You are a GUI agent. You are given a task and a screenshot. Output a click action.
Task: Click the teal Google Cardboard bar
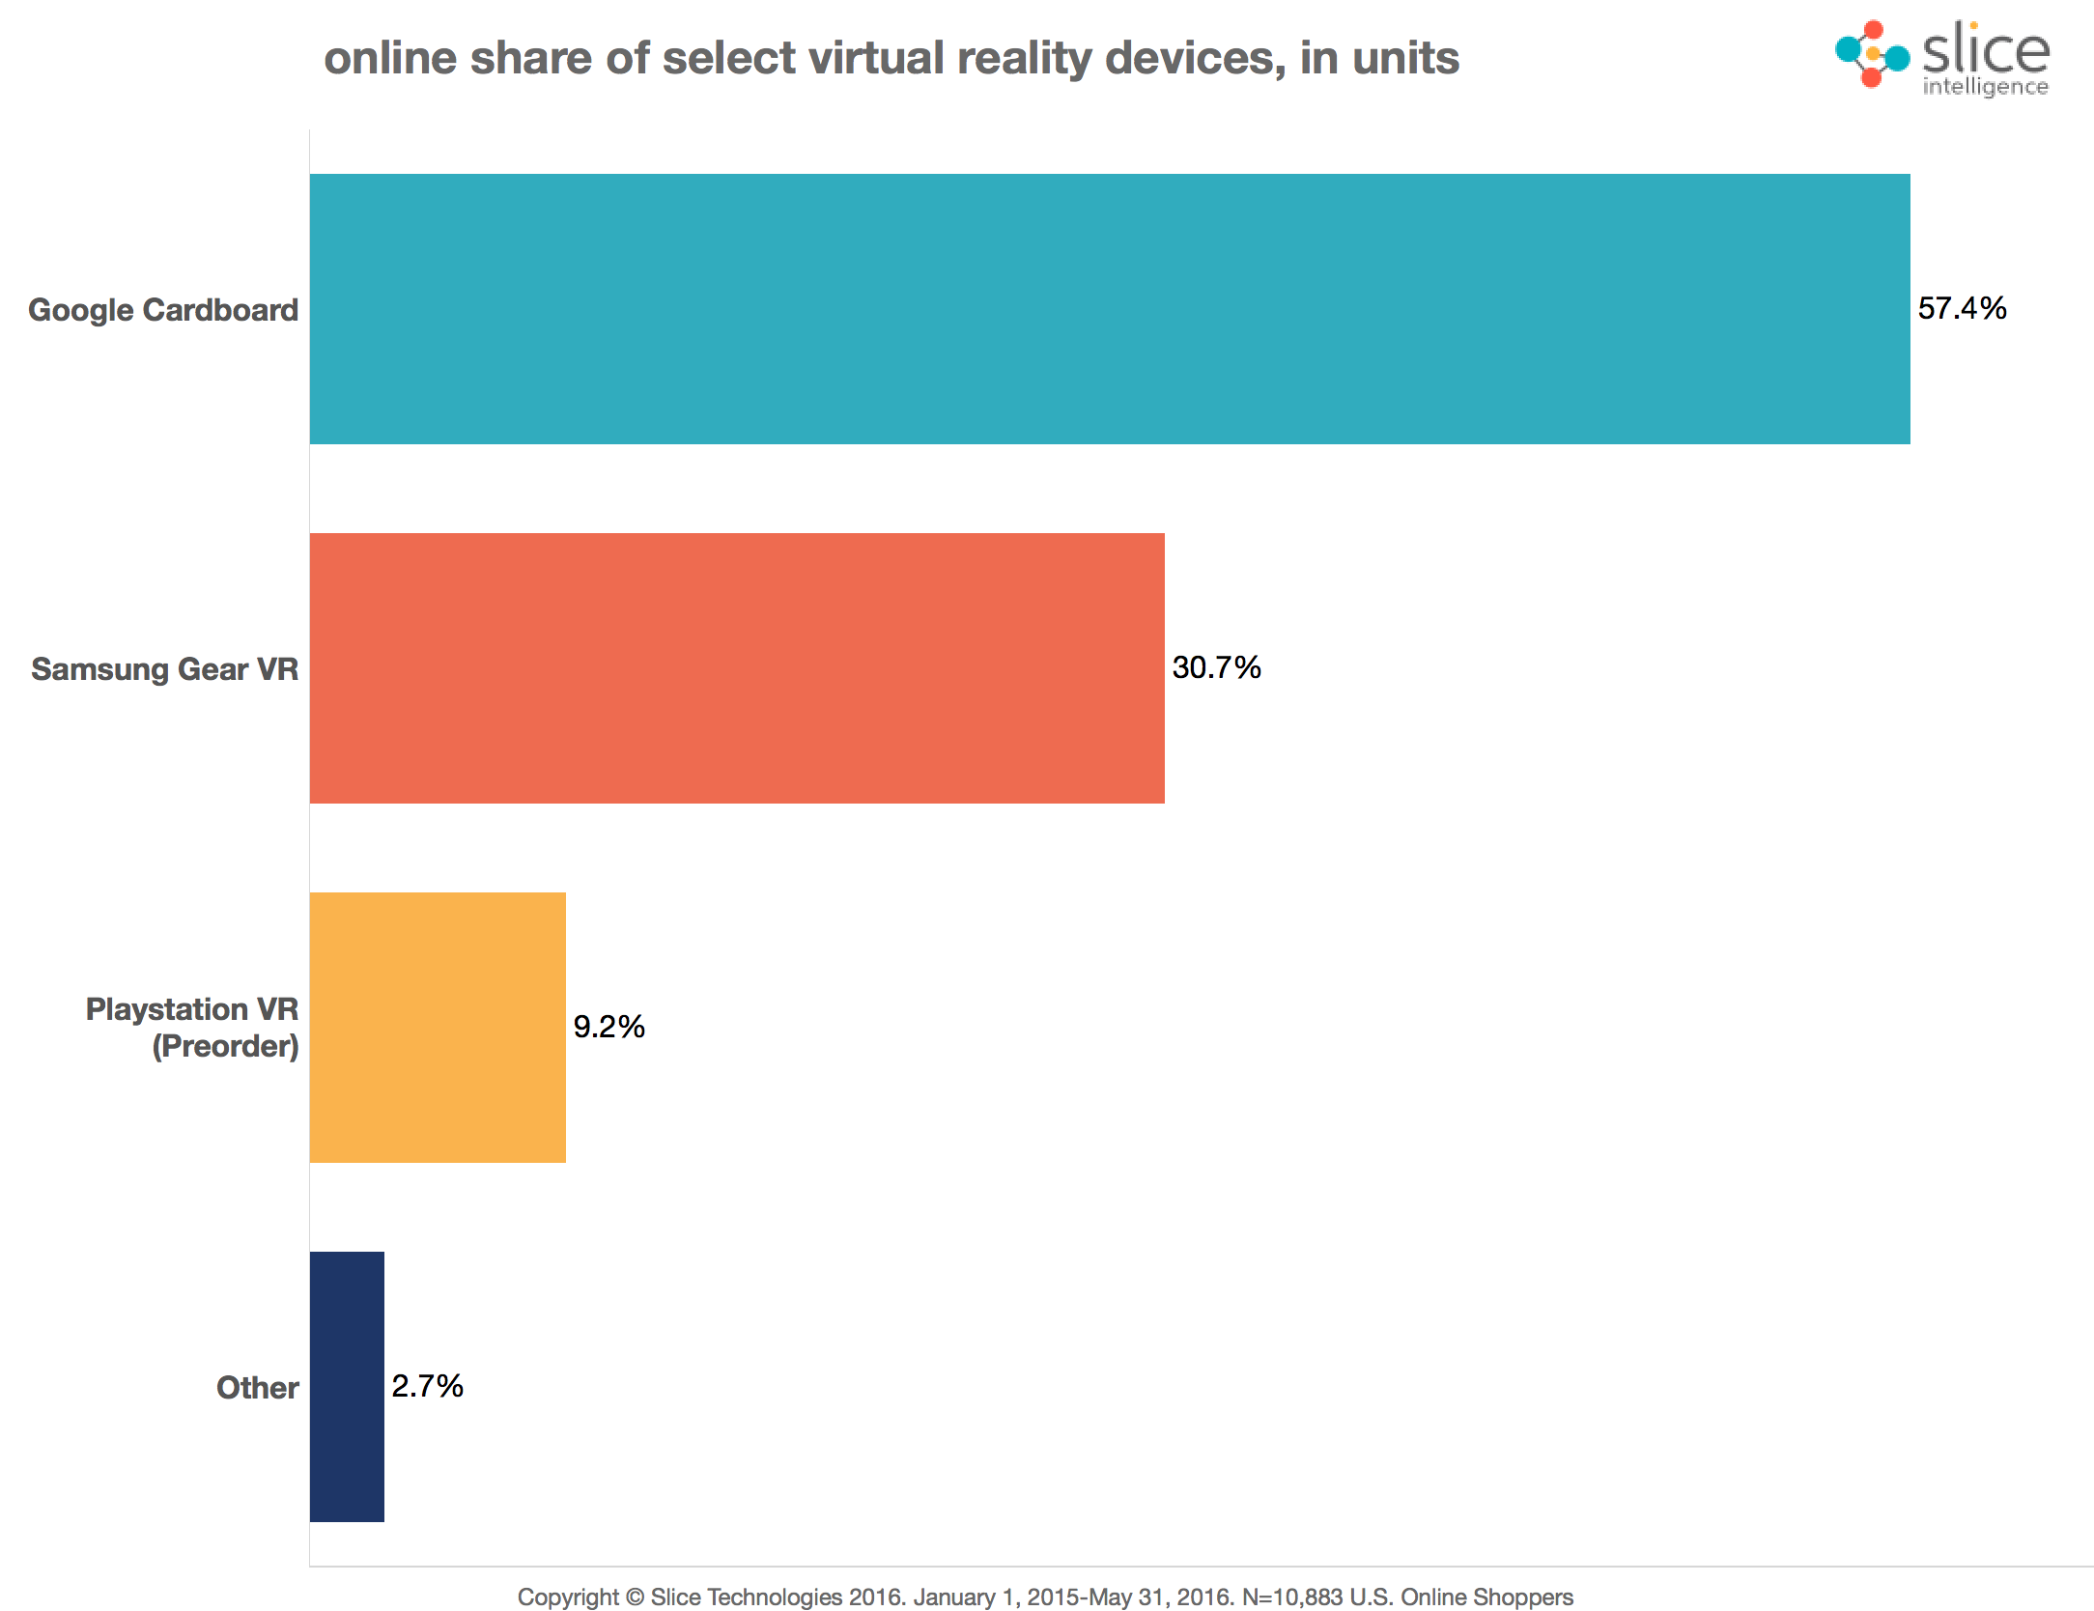click(x=1109, y=309)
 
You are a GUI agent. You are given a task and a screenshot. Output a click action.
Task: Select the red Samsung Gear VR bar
click(x=737, y=667)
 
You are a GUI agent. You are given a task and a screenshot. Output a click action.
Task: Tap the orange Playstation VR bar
click(x=438, y=1027)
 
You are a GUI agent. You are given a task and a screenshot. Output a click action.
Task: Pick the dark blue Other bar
click(x=347, y=1386)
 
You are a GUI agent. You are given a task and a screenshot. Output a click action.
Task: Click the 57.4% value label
click(x=1962, y=309)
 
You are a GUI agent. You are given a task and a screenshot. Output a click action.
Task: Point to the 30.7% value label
click(x=1216, y=667)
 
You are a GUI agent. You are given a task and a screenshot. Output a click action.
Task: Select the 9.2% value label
click(x=608, y=1027)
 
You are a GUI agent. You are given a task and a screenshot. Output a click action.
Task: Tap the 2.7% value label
click(x=427, y=1386)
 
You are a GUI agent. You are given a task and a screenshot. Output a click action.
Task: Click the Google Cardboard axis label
click(x=163, y=310)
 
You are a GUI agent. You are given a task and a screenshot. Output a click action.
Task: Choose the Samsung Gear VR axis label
click(x=165, y=669)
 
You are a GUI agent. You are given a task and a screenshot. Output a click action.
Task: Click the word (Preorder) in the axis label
click(x=225, y=1046)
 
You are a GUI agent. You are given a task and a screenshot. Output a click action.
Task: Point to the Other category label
click(x=257, y=1388)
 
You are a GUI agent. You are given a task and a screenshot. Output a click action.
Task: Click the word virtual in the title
click(x=875, y=58)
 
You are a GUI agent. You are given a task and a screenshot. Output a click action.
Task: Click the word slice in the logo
click(x=1986, y=50)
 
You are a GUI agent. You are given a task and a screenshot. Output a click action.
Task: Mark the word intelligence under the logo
click(x=1985, y=87)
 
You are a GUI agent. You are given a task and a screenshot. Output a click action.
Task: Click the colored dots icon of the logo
click(x=1872, y=54)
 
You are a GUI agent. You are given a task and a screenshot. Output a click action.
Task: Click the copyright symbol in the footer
click(x=634, y=1597)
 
